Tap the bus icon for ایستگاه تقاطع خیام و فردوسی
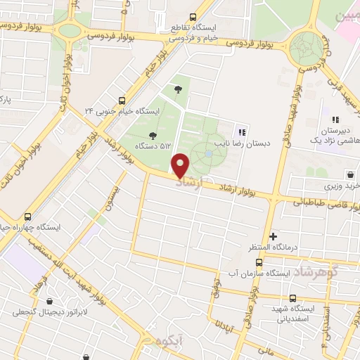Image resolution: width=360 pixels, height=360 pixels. [x=194, y=18]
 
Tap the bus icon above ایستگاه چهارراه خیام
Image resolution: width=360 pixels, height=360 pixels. [x=28, y=217]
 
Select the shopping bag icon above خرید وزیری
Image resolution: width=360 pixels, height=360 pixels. [x=349, y=174]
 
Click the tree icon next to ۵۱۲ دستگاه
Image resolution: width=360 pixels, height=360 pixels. [x=153, y=135]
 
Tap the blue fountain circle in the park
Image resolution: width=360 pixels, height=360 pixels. [x=210, y=153]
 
